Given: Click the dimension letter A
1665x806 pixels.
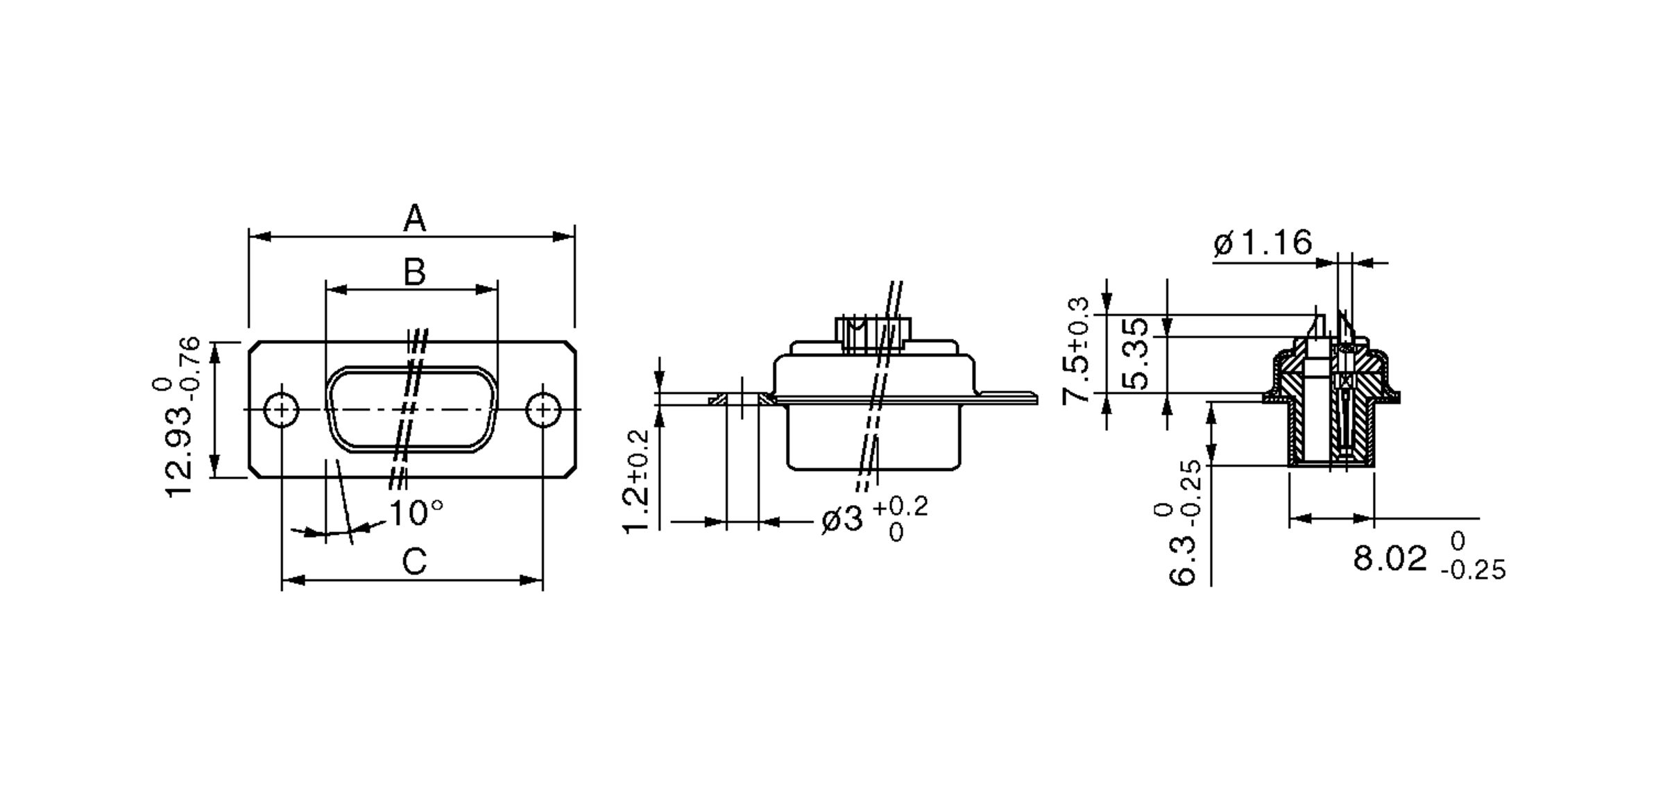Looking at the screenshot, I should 414,219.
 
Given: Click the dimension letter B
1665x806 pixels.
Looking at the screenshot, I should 414,272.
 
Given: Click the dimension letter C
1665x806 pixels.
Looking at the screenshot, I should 414,562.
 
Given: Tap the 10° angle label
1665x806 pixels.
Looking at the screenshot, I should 416,514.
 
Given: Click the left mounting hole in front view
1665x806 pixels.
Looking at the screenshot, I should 282,410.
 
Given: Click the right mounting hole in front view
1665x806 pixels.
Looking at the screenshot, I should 543,410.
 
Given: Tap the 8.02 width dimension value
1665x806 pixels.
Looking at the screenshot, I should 1390,558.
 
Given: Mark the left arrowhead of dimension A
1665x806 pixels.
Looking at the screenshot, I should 259,237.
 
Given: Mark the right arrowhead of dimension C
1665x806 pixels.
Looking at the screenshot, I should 533,580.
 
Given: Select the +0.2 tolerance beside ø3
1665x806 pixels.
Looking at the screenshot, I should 900,507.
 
